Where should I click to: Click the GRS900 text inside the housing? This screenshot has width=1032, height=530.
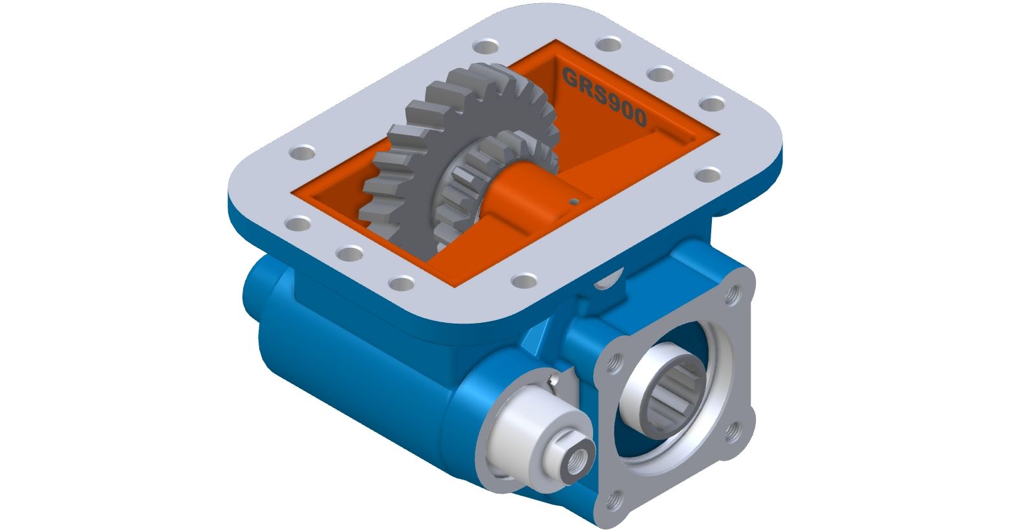tap(604, 97)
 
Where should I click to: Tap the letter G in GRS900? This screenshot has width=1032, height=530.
tap(570, 76)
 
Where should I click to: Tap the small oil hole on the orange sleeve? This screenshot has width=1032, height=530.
tap(574, 201)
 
